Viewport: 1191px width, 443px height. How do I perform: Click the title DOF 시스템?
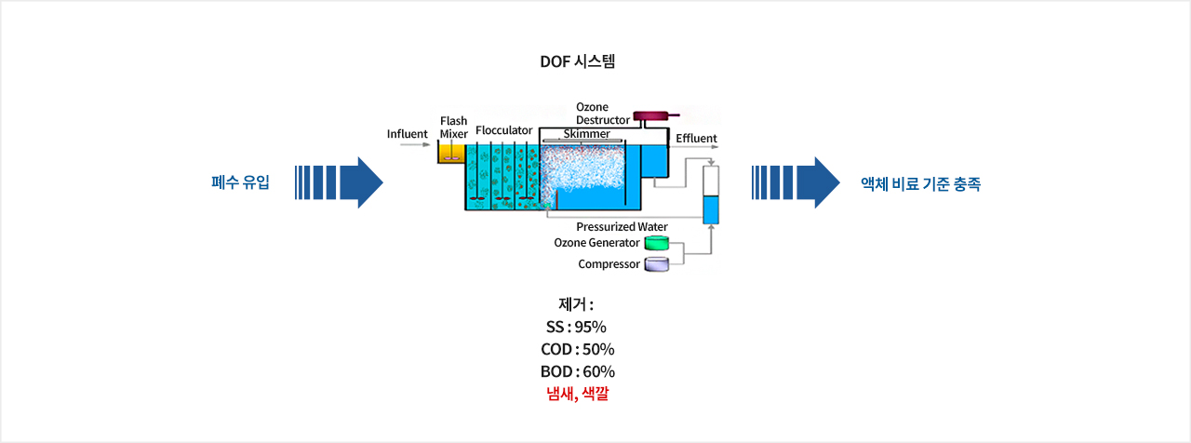coord(578,61)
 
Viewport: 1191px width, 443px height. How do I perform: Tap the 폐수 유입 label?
coord(240,182)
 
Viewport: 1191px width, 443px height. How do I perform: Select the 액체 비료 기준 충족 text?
coord(920,184)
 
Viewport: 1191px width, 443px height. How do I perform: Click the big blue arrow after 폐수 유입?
coord(339,182)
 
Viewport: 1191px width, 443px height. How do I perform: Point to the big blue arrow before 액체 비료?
coord(796,182)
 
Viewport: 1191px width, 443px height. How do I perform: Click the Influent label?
coord(407,134)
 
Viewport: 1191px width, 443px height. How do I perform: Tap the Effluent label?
coord(696,139)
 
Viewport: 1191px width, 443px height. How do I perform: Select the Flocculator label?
coord(503,130)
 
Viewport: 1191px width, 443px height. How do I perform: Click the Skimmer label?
coord(586,133)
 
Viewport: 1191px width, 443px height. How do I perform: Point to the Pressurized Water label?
coord(622,226)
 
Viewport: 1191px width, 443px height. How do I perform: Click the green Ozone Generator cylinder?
coord(657,243)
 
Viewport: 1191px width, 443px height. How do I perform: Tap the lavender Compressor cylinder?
coord(657,264)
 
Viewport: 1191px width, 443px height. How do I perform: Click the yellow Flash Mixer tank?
coord(451,154)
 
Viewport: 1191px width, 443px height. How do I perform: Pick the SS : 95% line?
coord(576,327)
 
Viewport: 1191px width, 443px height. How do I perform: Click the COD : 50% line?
coord(578,349)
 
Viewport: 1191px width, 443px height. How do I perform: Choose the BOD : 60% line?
coord(578,371)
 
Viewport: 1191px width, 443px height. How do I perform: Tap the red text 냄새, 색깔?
coord(578,394)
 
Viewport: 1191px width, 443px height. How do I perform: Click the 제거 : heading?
coord(576,304)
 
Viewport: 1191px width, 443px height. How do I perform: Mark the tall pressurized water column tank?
coord(711,195)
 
